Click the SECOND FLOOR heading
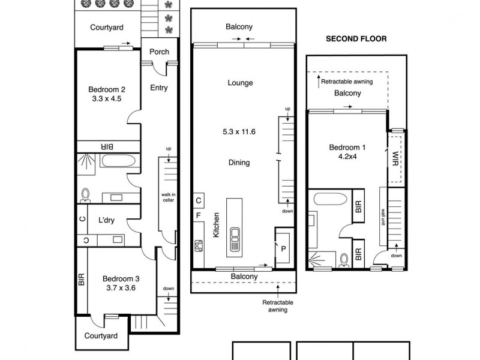tap(356, 38)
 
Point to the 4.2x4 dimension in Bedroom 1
tap(347, 158)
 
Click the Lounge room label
tap(240, 83)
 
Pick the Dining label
tap(239, 163)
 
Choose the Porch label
tap(159, 52)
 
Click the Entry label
tap(159, 88)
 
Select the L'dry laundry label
tap(106, 221)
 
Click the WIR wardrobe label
tap(394, 158)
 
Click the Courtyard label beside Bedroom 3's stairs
tap(101, 336)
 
